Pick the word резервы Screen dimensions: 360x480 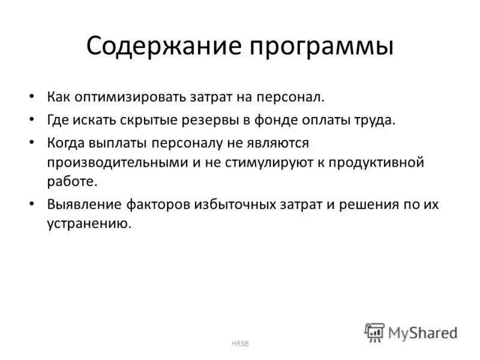click(x=206, y=119)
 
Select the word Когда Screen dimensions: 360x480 click(x=65, y=142)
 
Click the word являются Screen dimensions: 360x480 click(x=282, y=142)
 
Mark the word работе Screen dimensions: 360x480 click(x=71, y=182)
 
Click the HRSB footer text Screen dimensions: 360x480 click(x=239, y=343)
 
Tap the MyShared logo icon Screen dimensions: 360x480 click(x=375, y=332)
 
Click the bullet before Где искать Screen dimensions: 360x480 click(x=32, y=119)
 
